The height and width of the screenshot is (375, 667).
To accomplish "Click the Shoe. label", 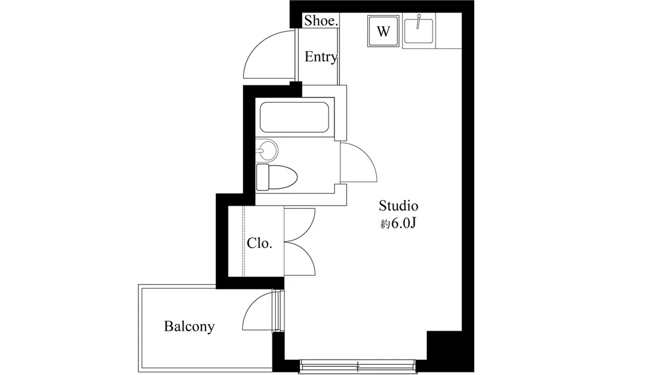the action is point(321,21).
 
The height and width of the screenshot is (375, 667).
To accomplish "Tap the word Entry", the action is point(321,57).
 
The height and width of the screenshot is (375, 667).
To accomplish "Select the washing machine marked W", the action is point(383,31).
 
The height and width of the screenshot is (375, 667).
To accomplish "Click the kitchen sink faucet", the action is point(419,22).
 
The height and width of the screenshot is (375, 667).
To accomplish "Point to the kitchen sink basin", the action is point(419,31).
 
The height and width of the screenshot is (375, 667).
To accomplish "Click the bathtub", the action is point(294,117).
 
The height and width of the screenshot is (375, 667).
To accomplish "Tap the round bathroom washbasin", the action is point(267,151).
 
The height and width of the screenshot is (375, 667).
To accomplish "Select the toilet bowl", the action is point(283,177).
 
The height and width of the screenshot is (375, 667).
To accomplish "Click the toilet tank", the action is point(262,177).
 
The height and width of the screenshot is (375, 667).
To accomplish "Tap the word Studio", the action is point(399,206).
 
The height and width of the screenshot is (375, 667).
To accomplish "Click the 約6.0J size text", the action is point(398,223).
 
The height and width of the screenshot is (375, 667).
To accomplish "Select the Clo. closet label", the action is point(260,243).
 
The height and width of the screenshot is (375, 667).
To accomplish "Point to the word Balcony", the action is point(190,327).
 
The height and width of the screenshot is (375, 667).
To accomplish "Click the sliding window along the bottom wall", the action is point(357,366).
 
